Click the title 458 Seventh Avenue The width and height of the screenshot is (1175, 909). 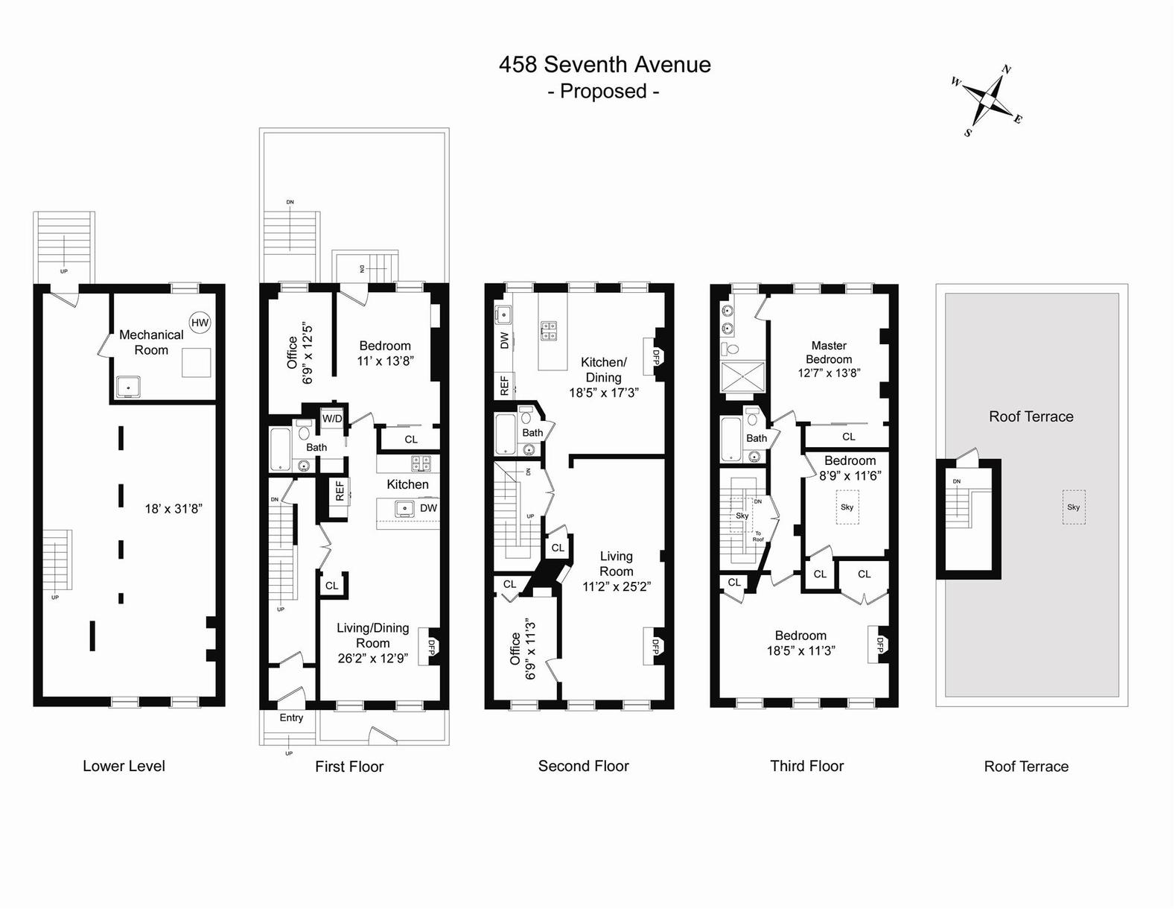(604, 65)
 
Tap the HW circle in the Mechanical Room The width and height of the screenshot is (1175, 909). (200, 322)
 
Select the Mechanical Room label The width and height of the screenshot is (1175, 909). (151, 342)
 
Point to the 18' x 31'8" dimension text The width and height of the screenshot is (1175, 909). (173, 509)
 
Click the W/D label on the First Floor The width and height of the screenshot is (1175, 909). (332, 419)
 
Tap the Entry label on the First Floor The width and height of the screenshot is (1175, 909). (291, 718)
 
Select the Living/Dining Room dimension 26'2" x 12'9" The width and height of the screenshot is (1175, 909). (372, 658)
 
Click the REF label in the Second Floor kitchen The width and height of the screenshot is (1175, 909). (505, 385)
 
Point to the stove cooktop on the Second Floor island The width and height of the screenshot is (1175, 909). (549, 330)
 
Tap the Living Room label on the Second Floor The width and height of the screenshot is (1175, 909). (616, 563)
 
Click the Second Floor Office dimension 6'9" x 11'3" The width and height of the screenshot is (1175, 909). (531, 648)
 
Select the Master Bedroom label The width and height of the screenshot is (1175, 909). (829, 352)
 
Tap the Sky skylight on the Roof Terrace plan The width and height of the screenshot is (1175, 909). (1073, 507)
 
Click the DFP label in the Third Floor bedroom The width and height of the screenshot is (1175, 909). (879, 644)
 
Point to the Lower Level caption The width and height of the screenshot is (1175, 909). (124, 766)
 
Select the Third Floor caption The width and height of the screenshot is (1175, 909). (806, 766)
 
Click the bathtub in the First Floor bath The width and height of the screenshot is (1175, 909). (281, 449)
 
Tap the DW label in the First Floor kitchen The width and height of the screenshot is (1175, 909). (428, 508)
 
